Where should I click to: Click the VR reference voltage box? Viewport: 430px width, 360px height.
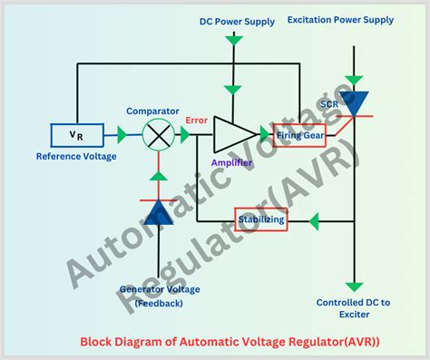tap(73, 135)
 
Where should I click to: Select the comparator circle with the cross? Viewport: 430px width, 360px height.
tap(161, 135)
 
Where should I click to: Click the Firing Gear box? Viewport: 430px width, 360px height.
tap(298, 135)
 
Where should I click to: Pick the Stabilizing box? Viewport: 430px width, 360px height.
tap(262, 219)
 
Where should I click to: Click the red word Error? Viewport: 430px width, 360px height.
tap(196, 119)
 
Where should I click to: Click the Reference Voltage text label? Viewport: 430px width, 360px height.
tap(75, 156)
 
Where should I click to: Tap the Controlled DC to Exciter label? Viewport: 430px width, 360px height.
tap(353, 308)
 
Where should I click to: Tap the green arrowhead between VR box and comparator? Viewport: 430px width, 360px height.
tap(121, 135)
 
